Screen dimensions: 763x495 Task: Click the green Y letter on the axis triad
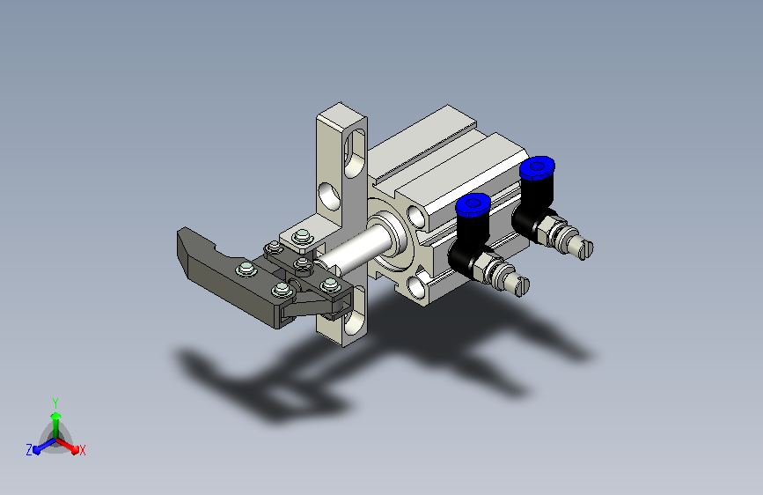55,403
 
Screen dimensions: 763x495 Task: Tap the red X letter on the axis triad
82,450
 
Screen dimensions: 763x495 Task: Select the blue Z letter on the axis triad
29,450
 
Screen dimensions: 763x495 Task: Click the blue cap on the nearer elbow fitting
473,204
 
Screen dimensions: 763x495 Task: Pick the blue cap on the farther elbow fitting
537,168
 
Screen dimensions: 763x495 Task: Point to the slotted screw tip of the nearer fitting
520,285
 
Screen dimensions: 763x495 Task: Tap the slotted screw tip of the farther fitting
585,249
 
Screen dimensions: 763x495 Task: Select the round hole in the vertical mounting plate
329,196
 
